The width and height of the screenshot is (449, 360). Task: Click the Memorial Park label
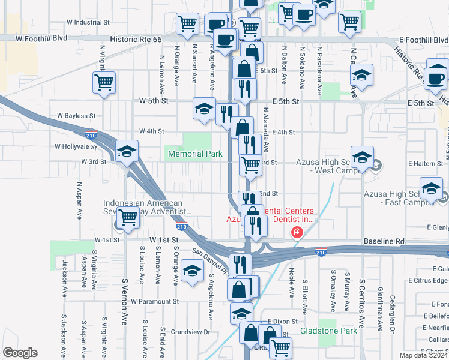click(195, 154)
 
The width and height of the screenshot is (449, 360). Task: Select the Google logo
click(20, 352)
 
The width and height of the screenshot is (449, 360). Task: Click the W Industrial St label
click(88, 22)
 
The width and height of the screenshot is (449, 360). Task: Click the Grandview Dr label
click(190, 331)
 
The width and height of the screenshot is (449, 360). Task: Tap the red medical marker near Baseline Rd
click(296, 233)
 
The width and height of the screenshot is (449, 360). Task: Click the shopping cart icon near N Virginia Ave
click(104, 82)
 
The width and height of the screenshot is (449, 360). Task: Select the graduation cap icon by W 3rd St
click(127, 152)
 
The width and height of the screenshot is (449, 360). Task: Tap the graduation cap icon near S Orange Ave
click(192, 271)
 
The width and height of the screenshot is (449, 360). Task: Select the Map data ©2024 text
click(423, 355)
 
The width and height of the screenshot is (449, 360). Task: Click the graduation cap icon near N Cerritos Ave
click(361, 76)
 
